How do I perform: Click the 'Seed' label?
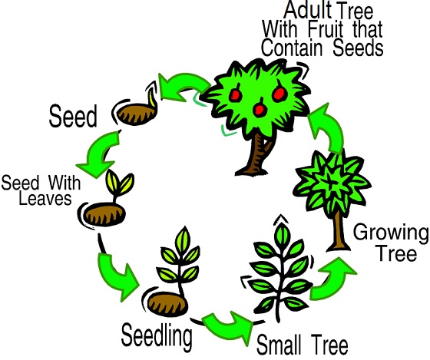(x=73, y=116)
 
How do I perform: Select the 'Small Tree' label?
(x=303, y=345)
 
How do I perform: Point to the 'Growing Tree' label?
(x=391, y=243)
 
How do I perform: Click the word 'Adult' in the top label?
(x=308, y=11)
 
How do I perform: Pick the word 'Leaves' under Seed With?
(x=45, y=198)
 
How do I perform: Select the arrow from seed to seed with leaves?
(x=100, y=154)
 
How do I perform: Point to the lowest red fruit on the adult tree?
(x=260, y=109)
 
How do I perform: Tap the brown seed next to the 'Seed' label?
(x=134, y=115)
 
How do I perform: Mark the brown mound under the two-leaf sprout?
(x=104, y=214)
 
